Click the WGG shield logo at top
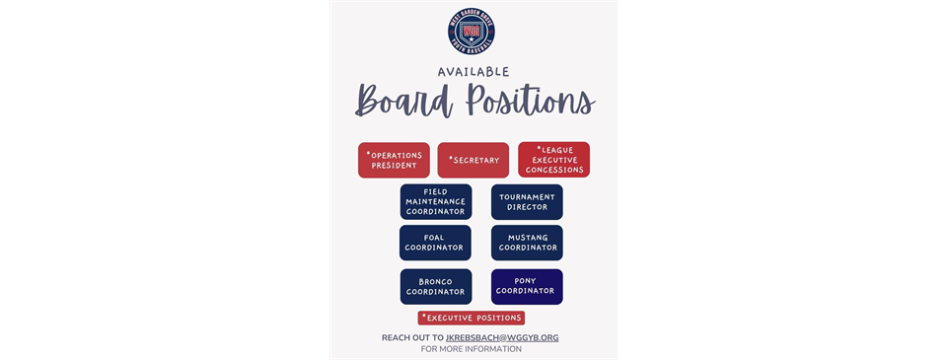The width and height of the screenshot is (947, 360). pos(471,30)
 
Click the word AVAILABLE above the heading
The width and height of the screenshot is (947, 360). pos(473,71)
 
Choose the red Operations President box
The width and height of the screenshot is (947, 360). pos(394,160)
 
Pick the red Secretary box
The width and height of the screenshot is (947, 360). pos(473,160)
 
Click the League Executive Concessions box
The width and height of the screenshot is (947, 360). pos(553,160)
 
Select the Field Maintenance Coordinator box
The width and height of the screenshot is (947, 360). pos(436,202)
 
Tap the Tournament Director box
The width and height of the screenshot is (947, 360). pos(527,202)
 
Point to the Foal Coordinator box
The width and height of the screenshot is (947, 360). pos(436,243)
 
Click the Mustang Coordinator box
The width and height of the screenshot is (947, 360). pos(527,243)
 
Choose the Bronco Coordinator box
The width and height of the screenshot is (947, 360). pos(436,286)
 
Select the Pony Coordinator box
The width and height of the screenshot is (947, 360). pos(527,286)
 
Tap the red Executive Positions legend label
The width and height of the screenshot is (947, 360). pos(472,318)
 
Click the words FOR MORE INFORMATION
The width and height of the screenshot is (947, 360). pos(472,349)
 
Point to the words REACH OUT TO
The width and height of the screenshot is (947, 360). pos(412,337)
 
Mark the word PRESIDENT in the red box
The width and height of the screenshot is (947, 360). pos(394,166)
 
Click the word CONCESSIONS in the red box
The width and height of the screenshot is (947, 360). pos(554,170)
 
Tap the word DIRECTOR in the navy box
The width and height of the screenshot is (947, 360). pos(527,208)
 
